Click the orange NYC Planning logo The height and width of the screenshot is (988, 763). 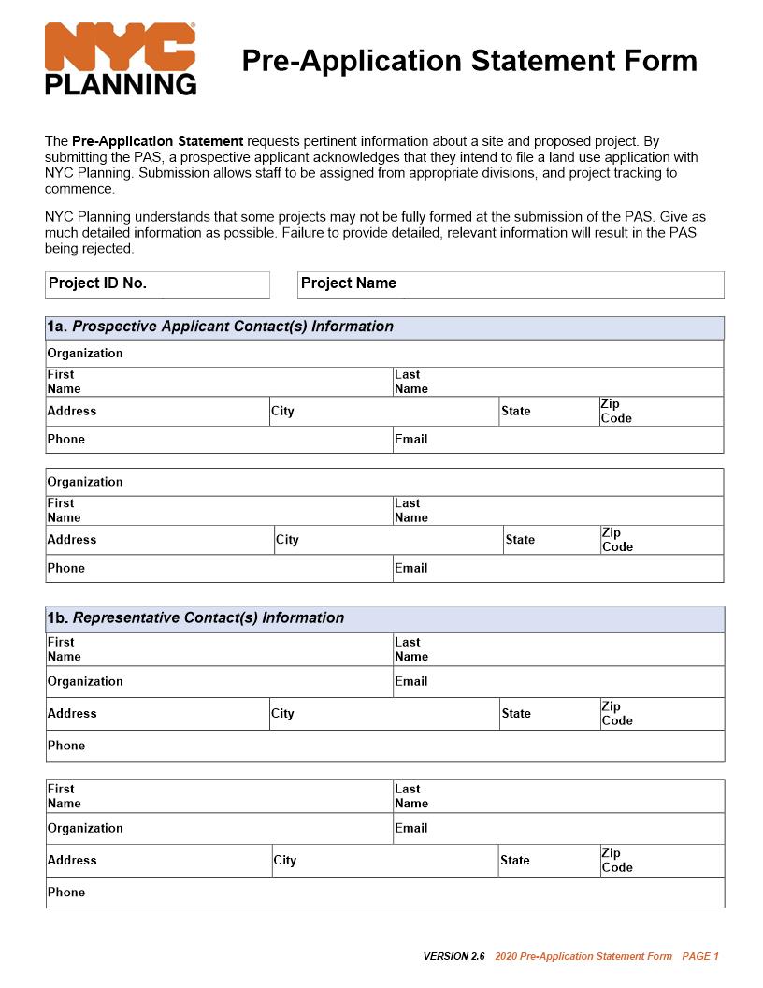tap(121, 59)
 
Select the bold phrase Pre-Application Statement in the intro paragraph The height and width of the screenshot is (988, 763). tap(157, 141)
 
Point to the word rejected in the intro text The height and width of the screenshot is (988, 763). tap(108, 249)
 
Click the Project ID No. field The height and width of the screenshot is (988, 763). tap(157, 284)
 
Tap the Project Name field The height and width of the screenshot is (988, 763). tap(511, 284)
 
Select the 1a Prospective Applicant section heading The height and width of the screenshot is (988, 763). tap(221, 327)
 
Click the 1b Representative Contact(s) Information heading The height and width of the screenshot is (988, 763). tap(195, 618)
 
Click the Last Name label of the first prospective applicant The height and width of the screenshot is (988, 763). tap(410, 382)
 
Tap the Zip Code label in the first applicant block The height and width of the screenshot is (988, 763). tap(616, 412)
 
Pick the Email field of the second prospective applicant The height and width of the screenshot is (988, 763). tap(557, 569)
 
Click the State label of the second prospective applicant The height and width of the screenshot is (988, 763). tap(520, 540)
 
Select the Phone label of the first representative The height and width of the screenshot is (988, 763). tap(66, 746)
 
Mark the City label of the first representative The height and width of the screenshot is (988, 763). tap(282, 714)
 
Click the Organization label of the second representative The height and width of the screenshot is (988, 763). tap(85, 828)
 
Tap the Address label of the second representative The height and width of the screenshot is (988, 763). tap(72, 860)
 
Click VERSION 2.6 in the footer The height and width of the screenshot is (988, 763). tap(453, 956)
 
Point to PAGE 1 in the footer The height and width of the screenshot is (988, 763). tap(700, 956)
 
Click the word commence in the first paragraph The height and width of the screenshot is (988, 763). tap(79, 189)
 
